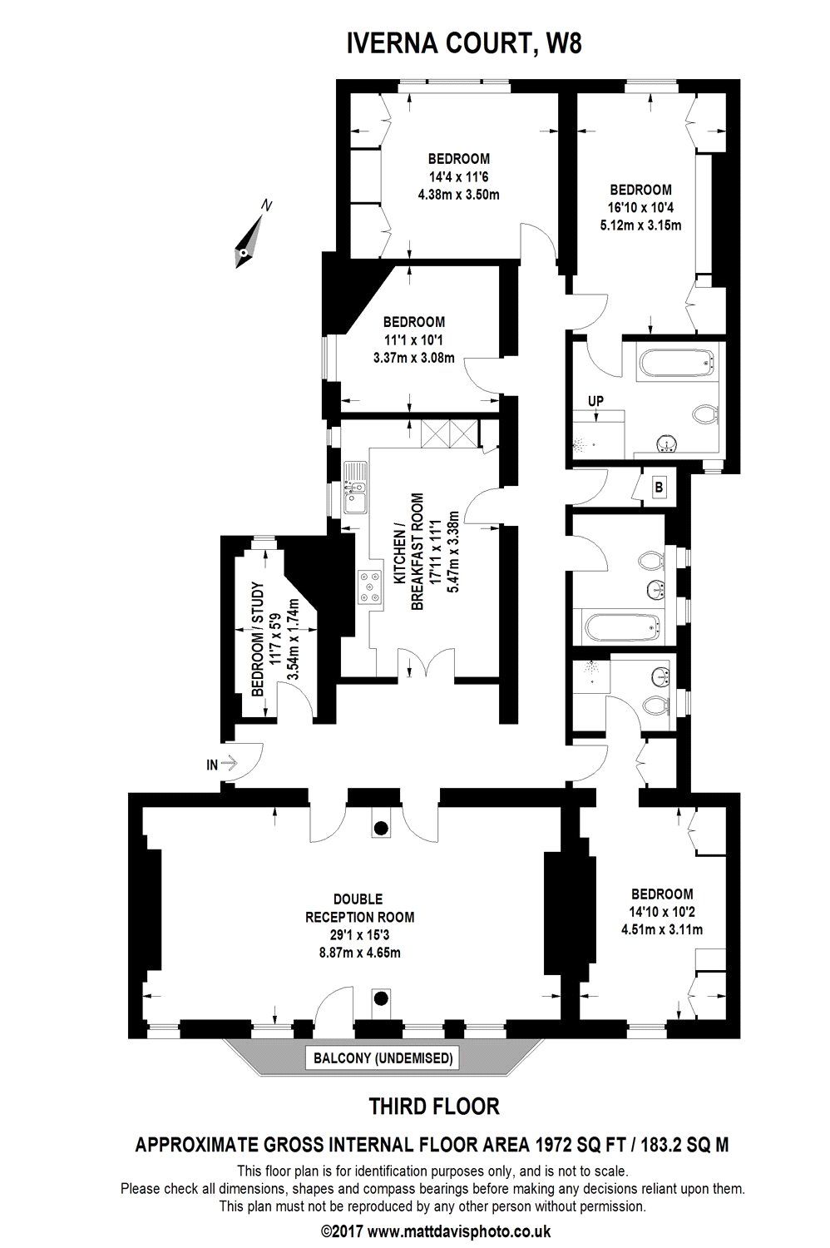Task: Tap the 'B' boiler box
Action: click(x=659, y=488)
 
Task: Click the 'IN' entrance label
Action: click(x=212, y=765)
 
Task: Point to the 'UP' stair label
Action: click(x=595, y=400)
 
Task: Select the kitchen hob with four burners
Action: click(x=370, y=588)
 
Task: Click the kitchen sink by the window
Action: click(x=354, y=488)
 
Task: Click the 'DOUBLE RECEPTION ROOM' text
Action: click(x=359, y=908)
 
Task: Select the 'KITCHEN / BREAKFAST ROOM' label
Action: click(x=408, y=552)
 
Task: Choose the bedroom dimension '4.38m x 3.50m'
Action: click(x=458, y=195)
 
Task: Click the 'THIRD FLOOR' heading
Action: click(x=434, y=1107)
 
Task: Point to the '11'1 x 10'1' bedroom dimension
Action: click(x=414, y=339)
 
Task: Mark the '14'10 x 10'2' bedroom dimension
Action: click(x=662, y=912)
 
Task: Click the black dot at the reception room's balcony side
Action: click(x=380, y=998)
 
